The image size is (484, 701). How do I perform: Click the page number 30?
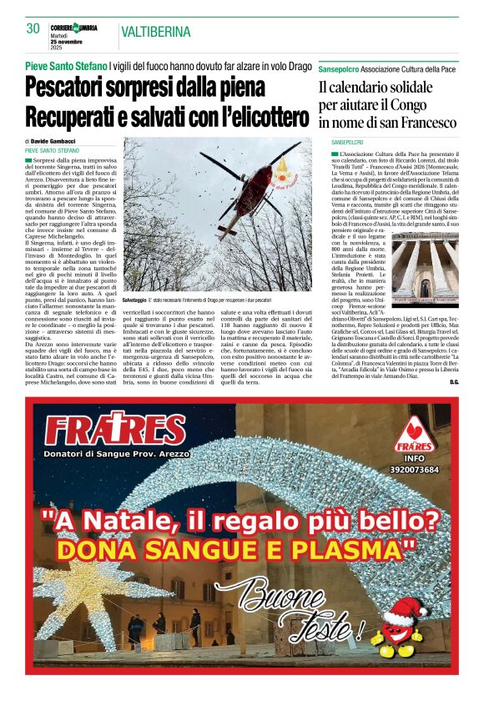click(33, 29)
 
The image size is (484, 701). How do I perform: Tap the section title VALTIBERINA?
click(156, 33)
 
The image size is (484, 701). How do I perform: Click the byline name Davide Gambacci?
click(55, 141)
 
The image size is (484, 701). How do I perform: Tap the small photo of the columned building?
click(426, 269)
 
